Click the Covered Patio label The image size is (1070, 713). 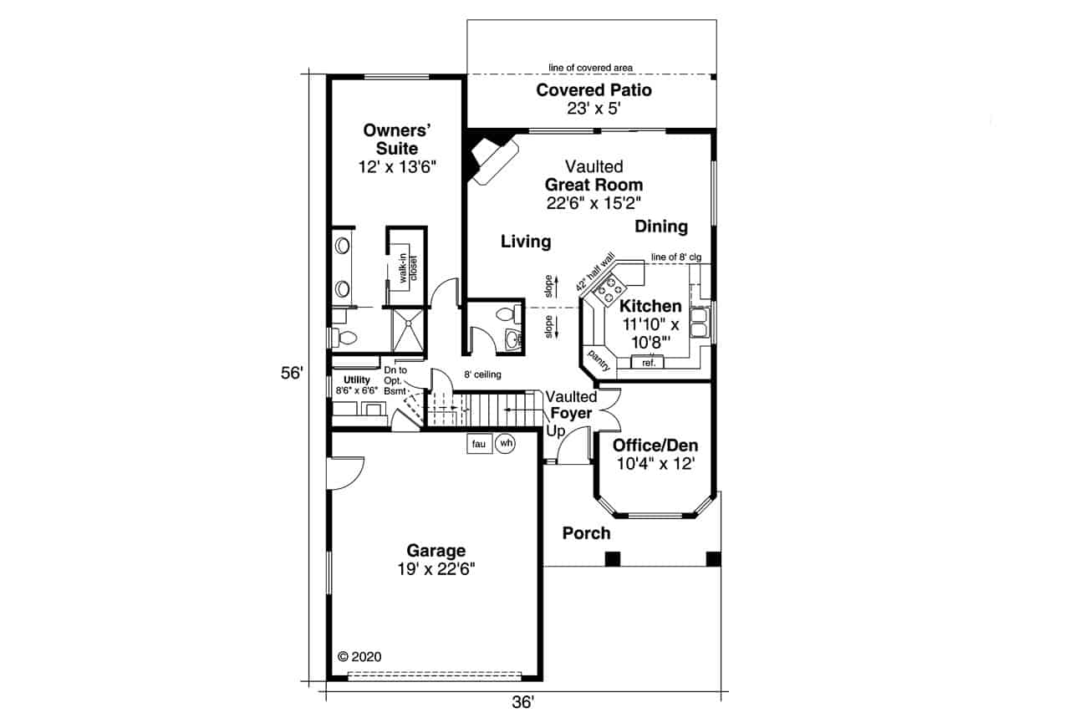594,90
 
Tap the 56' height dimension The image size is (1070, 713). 292,373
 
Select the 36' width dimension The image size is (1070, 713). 523,702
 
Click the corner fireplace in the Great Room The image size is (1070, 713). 492,160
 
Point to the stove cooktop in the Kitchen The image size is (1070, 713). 610,290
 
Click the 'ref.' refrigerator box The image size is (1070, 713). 648,363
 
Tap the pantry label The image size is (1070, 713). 599,360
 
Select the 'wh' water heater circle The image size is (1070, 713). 506,443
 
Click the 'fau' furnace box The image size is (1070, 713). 479,444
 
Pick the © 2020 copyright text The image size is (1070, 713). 359,657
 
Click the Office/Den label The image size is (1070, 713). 655,446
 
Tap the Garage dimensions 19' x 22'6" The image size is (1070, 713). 436,570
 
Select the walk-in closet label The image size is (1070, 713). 407,268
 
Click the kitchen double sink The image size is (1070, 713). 700,323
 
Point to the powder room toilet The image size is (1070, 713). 507,315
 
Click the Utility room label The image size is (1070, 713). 357,380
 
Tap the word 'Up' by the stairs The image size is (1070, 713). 556,431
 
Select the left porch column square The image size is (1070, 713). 613,558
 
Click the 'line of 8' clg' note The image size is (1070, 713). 676,257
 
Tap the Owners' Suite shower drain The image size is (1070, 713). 409,323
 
